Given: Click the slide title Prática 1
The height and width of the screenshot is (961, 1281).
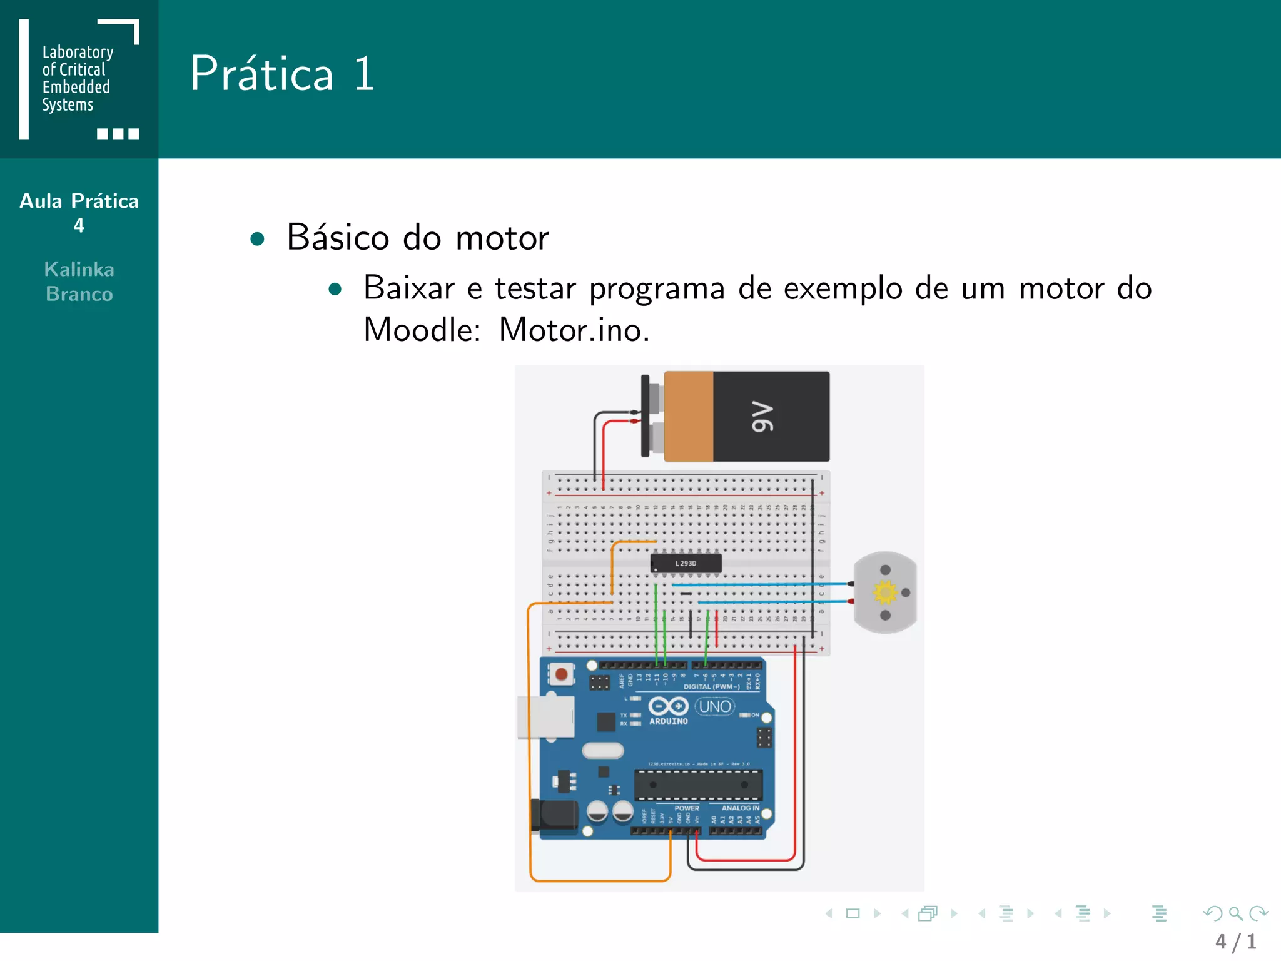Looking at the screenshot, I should (x=282, y=74).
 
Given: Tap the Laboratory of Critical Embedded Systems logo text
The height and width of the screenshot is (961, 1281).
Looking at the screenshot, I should (x=77, y=78).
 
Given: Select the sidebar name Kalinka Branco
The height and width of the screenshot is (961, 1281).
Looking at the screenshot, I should (x=79, y=282).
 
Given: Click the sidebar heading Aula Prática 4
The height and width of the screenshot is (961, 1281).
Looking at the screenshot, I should (x=79, y=213).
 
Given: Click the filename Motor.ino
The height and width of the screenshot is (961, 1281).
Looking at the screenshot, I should (x=574, y=330).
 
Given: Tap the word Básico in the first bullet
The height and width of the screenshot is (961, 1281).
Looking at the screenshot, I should (x=338, y=238).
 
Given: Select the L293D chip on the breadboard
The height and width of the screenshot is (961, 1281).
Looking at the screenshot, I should (x=686, y=563).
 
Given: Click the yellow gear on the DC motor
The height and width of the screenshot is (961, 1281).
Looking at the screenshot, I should (x=885, y=592).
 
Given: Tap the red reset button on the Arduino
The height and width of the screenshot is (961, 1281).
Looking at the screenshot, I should (x=561, y=674).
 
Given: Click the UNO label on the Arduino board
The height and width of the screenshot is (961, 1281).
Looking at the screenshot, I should (x=715, y=707).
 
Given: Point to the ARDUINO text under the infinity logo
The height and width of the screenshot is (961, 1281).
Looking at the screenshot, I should (x=668, y=721).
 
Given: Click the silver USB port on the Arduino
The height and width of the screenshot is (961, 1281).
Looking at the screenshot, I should (x=545, y=717).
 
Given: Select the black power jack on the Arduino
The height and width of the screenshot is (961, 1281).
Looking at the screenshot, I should (x=555, y=815).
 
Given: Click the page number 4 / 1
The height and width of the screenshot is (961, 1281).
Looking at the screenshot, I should (x=1235, y=942).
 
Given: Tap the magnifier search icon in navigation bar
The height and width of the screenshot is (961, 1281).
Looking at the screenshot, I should (x=1235, y=914).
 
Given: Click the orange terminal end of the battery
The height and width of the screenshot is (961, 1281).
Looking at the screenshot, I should (x=688, y=417).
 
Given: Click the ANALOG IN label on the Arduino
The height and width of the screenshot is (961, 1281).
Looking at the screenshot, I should (x=740, y=808).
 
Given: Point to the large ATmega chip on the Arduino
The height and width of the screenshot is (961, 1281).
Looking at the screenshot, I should (x=698, y=785).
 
